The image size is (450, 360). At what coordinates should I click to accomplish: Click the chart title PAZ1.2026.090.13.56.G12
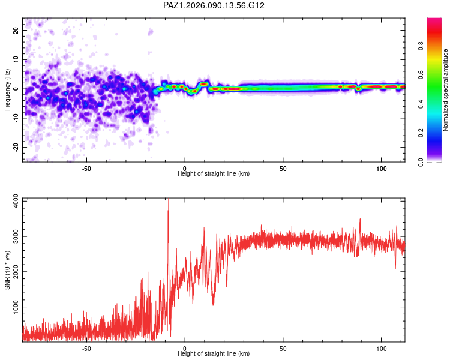point(214,5)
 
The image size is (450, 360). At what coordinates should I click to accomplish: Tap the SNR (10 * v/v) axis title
point(8,270)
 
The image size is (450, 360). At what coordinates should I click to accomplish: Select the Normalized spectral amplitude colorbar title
point(445,90)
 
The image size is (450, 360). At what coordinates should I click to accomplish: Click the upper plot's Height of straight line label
point(214,174)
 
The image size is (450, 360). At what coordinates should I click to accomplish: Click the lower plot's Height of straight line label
point(214,354)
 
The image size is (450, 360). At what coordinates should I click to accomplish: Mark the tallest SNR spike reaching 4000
point(168,200)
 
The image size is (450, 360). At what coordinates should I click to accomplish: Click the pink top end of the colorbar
point(434,21)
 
